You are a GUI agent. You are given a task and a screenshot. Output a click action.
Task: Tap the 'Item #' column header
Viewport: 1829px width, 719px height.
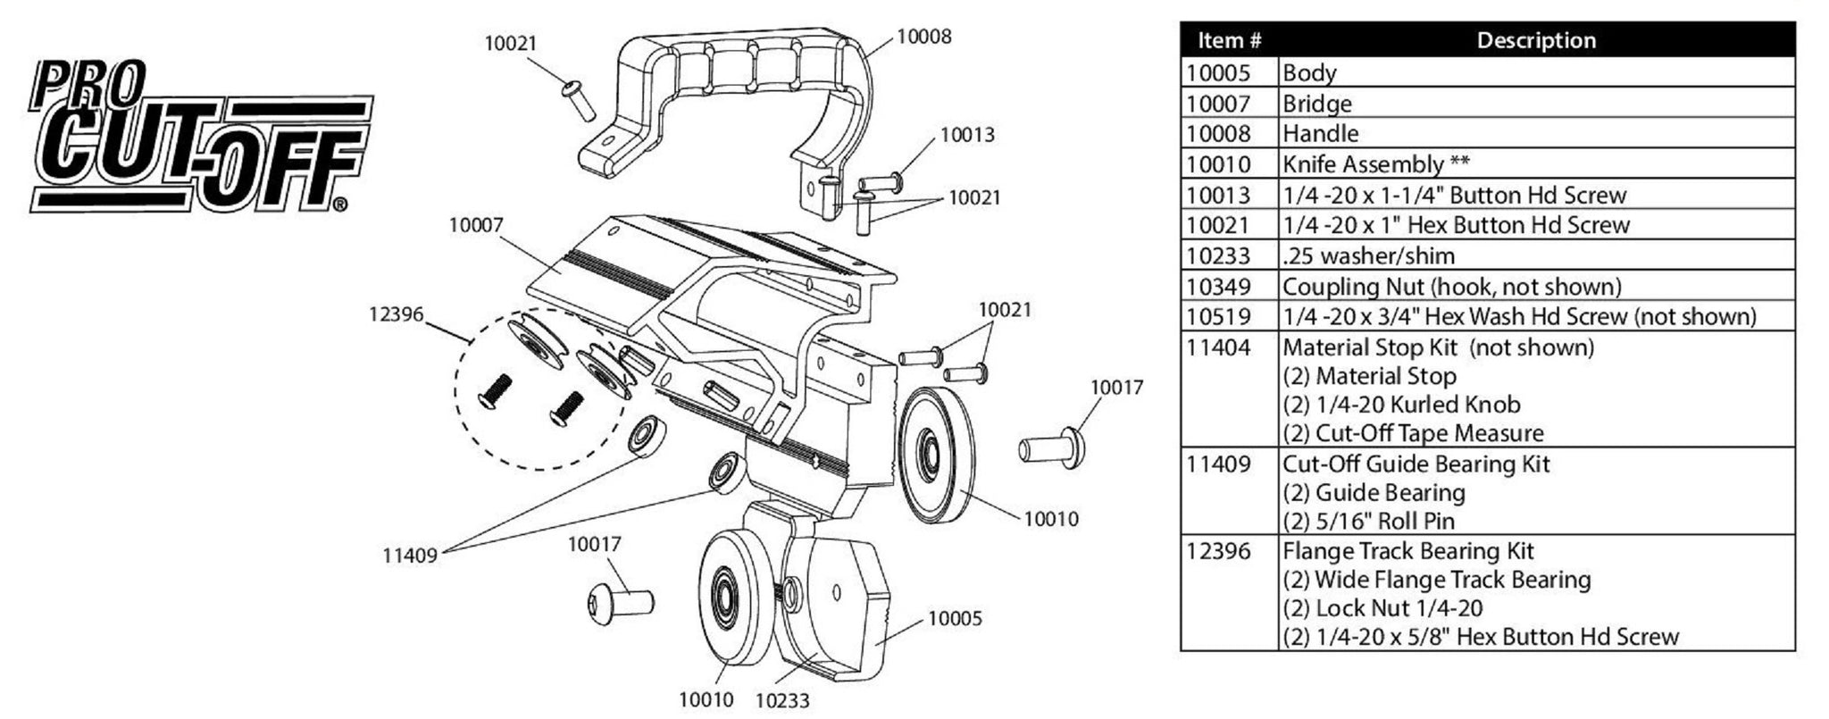tap(1229, 40)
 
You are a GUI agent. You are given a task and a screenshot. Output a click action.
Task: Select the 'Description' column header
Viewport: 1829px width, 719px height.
tap(1536, 40)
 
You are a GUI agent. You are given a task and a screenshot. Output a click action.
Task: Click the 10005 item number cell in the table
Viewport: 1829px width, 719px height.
tap(1218, 73)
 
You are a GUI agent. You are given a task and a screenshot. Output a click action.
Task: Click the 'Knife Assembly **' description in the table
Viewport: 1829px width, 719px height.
tap(1375, 164)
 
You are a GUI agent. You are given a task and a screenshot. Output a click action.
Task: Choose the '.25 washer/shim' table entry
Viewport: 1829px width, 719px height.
tap(1368, 256)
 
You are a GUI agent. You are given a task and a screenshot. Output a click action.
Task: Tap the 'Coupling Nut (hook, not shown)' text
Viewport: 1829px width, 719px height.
tap(1451, 287)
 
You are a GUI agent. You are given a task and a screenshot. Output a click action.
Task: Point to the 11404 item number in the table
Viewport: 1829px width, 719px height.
tap(1218, 347)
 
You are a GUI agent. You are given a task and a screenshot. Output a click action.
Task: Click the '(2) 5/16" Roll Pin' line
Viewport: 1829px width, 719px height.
tap(1368, 522)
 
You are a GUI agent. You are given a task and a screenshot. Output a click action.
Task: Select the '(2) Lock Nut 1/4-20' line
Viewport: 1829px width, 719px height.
tap(1382, 609)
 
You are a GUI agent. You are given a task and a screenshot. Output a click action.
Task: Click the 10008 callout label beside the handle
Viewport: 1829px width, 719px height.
tap(923, 37)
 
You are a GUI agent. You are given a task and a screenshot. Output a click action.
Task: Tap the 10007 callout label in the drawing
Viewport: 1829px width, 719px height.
tap(476, 225)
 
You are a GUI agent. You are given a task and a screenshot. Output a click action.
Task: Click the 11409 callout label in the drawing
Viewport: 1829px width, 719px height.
tap(410, 556)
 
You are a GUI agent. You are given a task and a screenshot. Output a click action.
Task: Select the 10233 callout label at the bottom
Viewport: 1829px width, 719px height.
tap(782, 701)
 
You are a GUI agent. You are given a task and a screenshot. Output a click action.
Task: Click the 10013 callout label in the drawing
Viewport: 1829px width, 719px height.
tap(966, 136)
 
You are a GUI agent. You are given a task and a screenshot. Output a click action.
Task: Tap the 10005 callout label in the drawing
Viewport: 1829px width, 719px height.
tap(955, 618)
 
